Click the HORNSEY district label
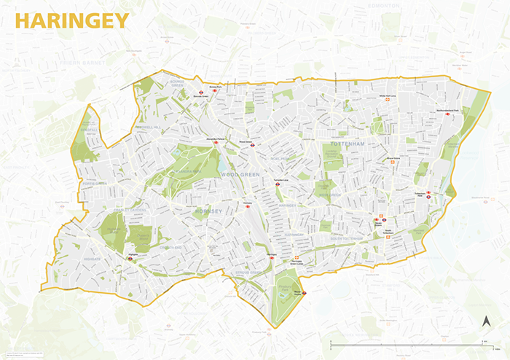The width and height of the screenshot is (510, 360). coord(210,211)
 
